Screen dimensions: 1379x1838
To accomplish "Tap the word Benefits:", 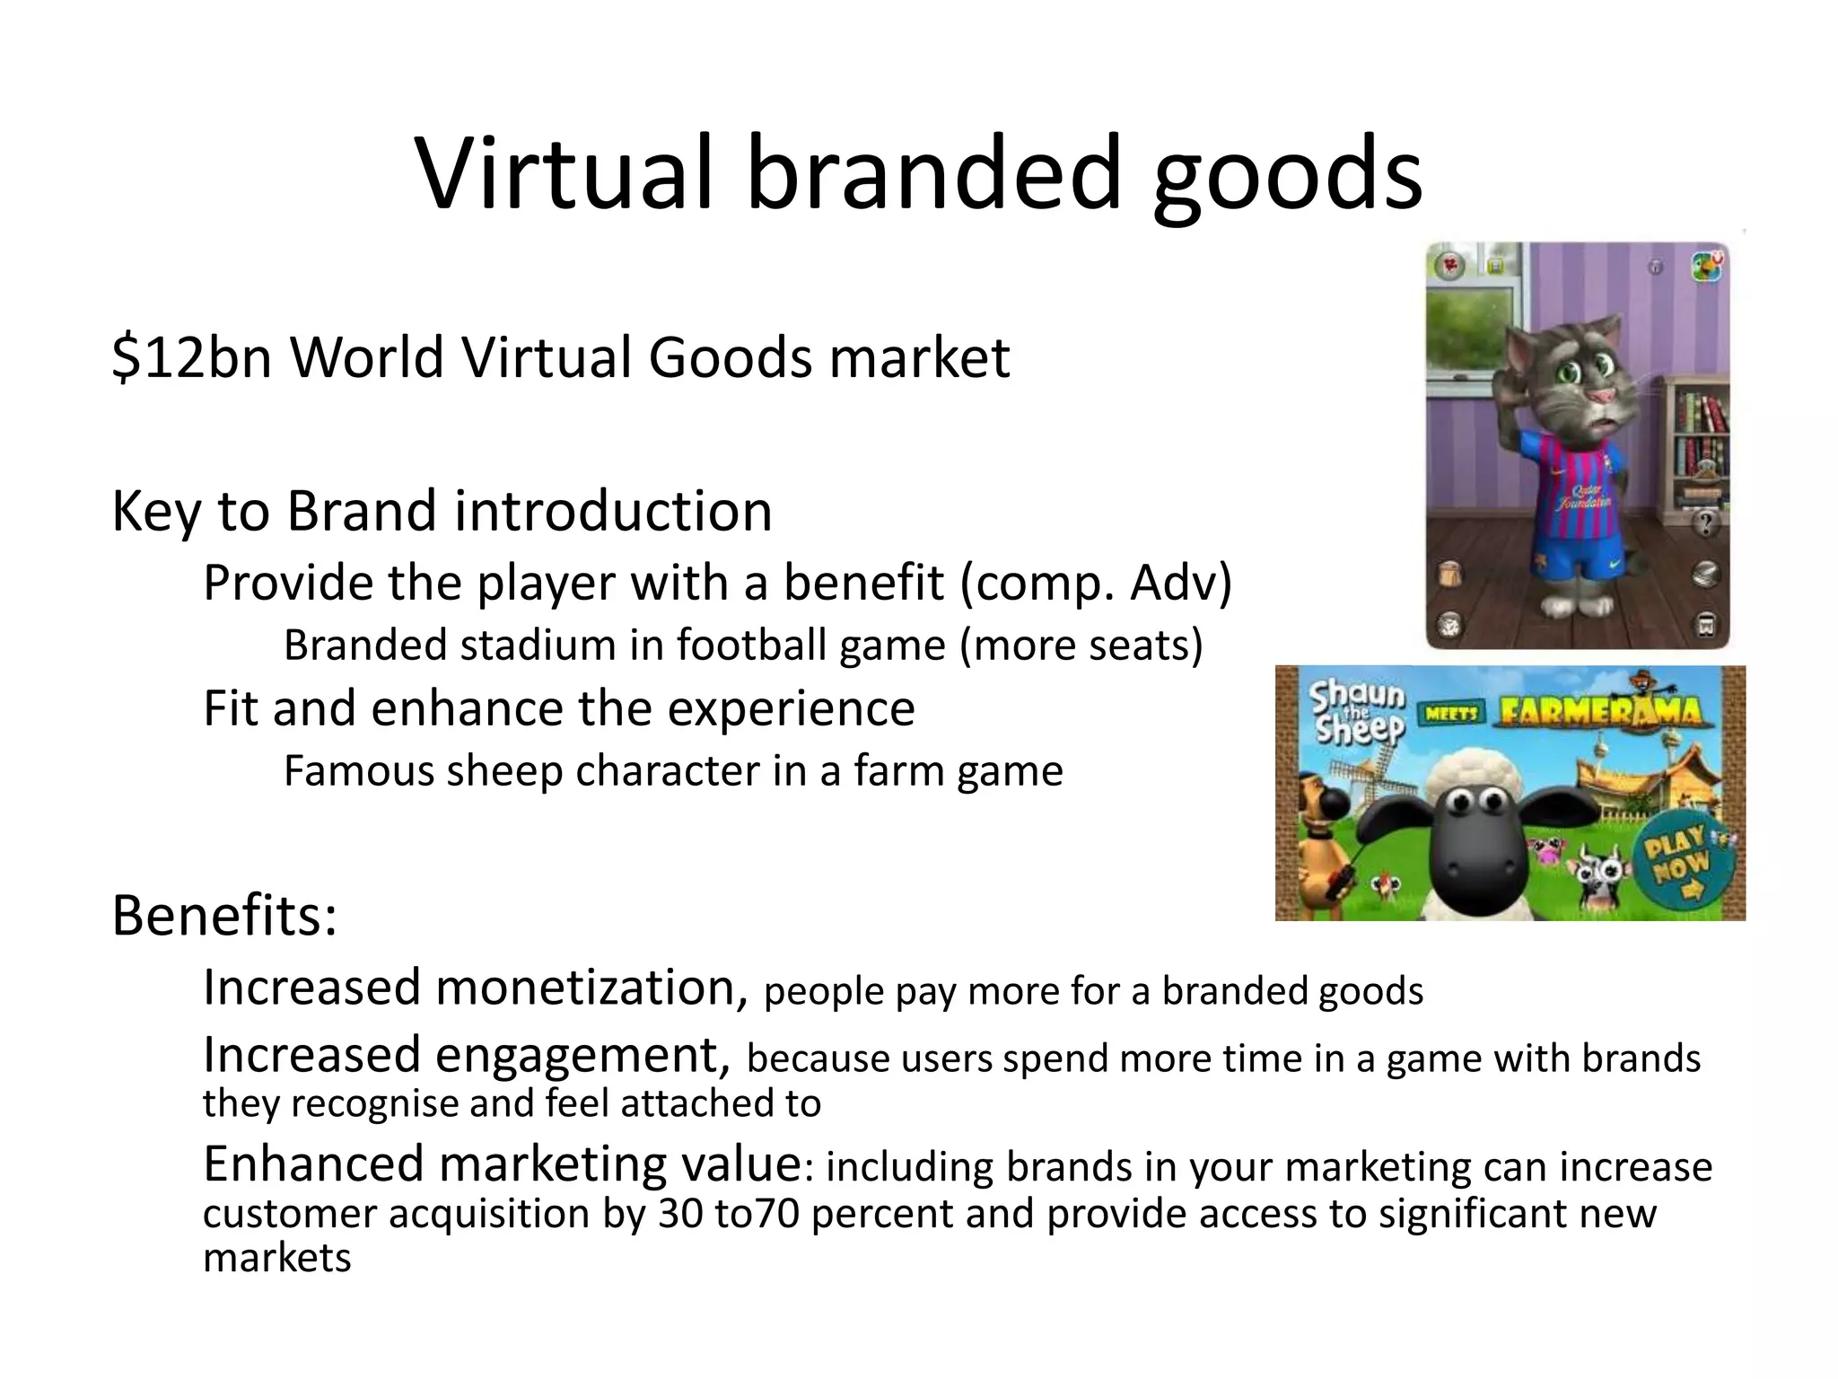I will pyautogui.click(x=224, y=916).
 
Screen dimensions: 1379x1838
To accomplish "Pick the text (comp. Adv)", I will pyautogui.click(x=1096, y=583).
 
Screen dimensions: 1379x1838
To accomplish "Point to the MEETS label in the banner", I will pyautogui.click(x=1451, y=714).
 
